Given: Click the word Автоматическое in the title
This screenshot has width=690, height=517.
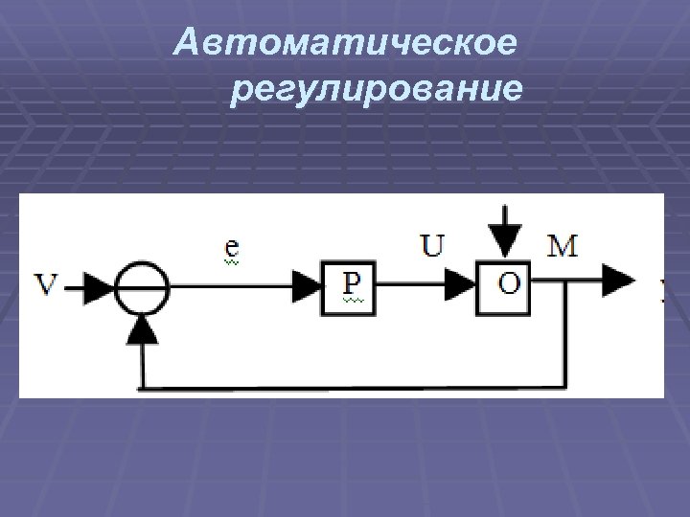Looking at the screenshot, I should (347, 42).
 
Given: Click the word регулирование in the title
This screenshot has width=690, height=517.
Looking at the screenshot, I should (377, 89).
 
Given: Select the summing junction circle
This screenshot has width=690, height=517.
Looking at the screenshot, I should (142, 284).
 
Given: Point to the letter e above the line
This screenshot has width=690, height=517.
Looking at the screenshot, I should (232, 248).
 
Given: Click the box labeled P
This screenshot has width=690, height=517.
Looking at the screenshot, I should (348, 284).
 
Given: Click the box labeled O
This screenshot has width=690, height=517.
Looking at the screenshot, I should (506, 284).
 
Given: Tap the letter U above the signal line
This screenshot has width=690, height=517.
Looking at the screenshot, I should (433, 247).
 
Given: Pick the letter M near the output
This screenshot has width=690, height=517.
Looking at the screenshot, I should (563, 247).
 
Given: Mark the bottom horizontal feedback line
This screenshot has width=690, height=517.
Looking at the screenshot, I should (355, 389).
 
